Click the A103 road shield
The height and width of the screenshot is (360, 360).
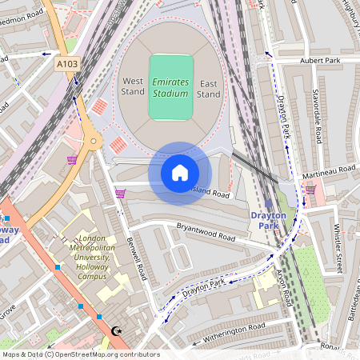66,62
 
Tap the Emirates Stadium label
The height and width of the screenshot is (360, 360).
171,88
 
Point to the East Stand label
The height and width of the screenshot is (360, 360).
209,89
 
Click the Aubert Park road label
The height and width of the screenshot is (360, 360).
320,61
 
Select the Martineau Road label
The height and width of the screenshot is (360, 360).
328,170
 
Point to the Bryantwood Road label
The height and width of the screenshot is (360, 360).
206,233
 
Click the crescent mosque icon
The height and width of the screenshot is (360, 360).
118,330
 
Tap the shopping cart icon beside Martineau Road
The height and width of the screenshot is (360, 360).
310,189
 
